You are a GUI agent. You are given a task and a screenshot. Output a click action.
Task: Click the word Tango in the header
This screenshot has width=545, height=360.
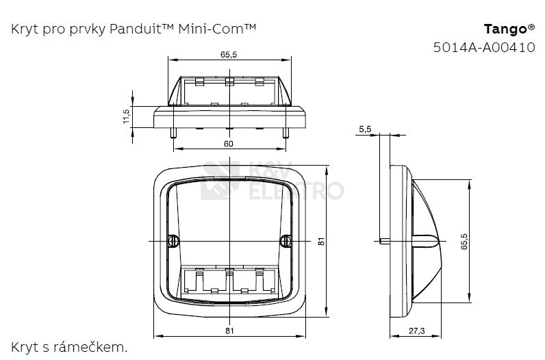click(506, 29)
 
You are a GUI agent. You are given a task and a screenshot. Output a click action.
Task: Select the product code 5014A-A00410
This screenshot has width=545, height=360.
click(484, 47)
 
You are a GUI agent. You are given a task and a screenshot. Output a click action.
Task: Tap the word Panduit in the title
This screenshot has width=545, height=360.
click(136, 29)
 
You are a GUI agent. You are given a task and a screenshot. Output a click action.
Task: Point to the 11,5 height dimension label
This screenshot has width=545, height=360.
click(126, 116)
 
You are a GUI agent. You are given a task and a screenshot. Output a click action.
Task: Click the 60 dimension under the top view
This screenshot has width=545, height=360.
click(229, 144)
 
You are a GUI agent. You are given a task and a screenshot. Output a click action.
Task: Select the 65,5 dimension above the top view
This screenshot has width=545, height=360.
click(229, 55)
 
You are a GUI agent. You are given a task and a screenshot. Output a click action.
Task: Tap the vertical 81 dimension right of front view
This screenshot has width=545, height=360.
click(321, 241)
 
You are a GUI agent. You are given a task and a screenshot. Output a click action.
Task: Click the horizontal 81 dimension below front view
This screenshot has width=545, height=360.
click(229, 331)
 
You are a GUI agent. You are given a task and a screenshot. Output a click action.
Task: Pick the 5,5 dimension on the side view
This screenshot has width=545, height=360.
click(365, 129)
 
